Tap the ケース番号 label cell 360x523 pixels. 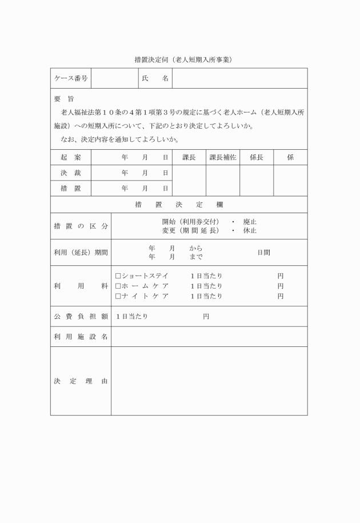[70, 78]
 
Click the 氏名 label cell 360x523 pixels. [154, 78]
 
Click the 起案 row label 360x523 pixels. [70, 157]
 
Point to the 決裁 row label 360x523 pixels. [70, 173]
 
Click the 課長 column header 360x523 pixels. [189, 157]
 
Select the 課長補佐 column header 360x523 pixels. [222, 157]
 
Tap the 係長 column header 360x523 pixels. [256, 157]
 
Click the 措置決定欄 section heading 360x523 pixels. [178, 204]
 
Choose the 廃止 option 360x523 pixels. [250, 221]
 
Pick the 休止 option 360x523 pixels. [250, 230]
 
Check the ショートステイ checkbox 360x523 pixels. [118, 276]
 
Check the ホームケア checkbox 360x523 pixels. [118, 286]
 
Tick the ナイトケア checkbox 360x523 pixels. [118, 296]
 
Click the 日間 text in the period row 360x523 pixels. [263, 252]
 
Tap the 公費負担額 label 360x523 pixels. [81, 316]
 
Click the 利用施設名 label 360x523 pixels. [81, 337]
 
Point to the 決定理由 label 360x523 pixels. [81, 381]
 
